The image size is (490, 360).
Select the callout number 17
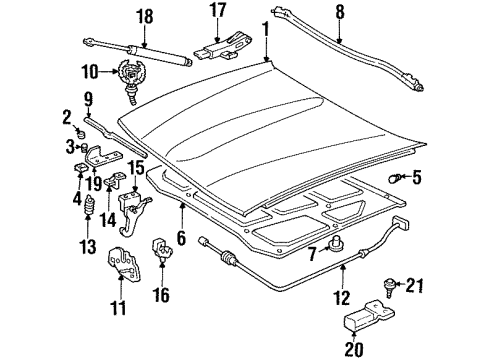[218, 13]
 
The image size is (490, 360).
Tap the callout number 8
[340, 13]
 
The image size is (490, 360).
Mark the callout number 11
[119, 309]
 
